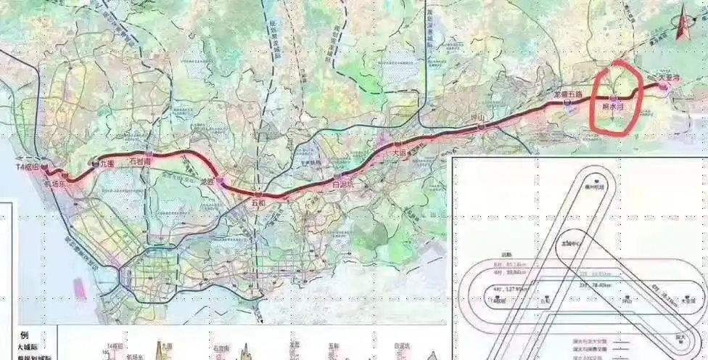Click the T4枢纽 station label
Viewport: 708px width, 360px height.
pyautogui.click(x=28, y=168)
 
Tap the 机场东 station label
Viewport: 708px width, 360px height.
pyautogui.click(x=54, y=184)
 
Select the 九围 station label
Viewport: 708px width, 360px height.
pyautogui.click(x=107, y=164)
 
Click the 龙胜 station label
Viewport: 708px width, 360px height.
pyautogui.click(x=207, y=183)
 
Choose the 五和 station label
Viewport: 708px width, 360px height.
pyautogui.click(x=259, y=204)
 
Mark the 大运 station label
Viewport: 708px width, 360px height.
pyautogui.click(x=400, y=154)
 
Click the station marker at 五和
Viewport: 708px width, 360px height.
pyautogui.click(x=258, y=195)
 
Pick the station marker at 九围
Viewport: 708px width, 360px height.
pyautogui.click(x=96, y=165)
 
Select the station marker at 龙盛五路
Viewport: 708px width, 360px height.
pyautogui.click(x=567, y=103)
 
